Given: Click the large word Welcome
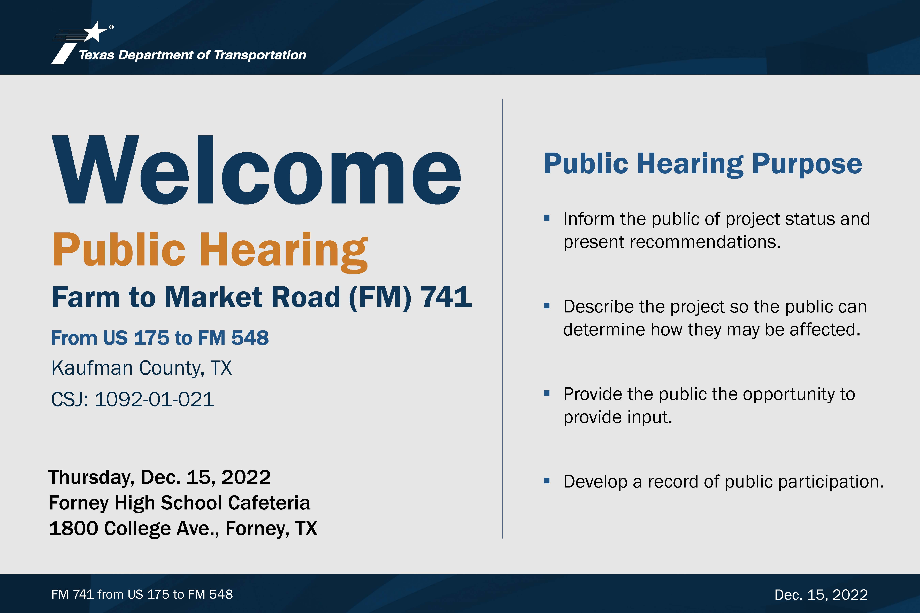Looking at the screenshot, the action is [x=257, y=170].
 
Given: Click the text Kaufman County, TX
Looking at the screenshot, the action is [x=142, y=368].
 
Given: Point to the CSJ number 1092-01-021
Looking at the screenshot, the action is [x=155, y=399].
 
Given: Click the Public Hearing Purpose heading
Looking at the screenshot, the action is [x=703, y=164].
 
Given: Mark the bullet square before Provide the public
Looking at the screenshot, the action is [x=547, y=393].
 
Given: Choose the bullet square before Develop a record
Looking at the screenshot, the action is [x=547, y=481].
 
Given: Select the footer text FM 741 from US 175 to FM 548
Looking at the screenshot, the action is [x=142, y=594].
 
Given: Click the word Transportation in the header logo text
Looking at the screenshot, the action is [x=260, y=55].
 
